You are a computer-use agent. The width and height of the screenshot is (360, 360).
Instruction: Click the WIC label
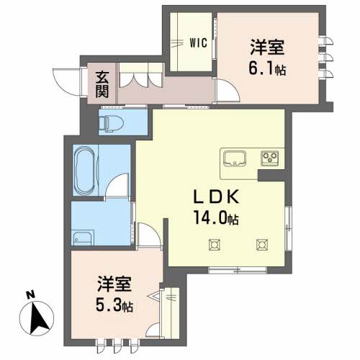pos(199,43)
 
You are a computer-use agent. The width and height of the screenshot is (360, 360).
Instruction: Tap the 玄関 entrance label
pos(102,84)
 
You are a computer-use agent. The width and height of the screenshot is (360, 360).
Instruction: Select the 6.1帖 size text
pos(267,68)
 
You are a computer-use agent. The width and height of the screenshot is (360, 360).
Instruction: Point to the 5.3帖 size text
pos(114,305)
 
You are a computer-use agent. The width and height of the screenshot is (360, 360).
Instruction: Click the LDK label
pos(216,197)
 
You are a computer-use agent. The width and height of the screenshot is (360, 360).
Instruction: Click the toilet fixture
pos(111,122)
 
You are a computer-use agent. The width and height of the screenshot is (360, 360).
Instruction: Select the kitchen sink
pos(235,158)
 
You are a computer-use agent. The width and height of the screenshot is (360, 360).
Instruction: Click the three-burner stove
pos(270,158)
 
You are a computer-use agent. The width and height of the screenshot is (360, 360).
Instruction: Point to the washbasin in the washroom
pos(82,238)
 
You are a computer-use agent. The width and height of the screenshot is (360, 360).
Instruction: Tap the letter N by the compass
pos(30,294)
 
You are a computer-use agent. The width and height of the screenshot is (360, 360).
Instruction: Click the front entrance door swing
pos(67,82)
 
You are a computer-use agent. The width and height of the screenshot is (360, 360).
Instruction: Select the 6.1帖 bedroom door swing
pos(228,91)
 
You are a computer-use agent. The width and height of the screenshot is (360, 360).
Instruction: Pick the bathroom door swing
pos(117,186)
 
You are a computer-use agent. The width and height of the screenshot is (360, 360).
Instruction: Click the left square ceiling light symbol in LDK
pos(215,245)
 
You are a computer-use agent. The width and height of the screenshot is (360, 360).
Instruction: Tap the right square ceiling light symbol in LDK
pos(262,245)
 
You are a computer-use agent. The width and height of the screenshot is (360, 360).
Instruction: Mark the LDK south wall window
pos(238,270)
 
